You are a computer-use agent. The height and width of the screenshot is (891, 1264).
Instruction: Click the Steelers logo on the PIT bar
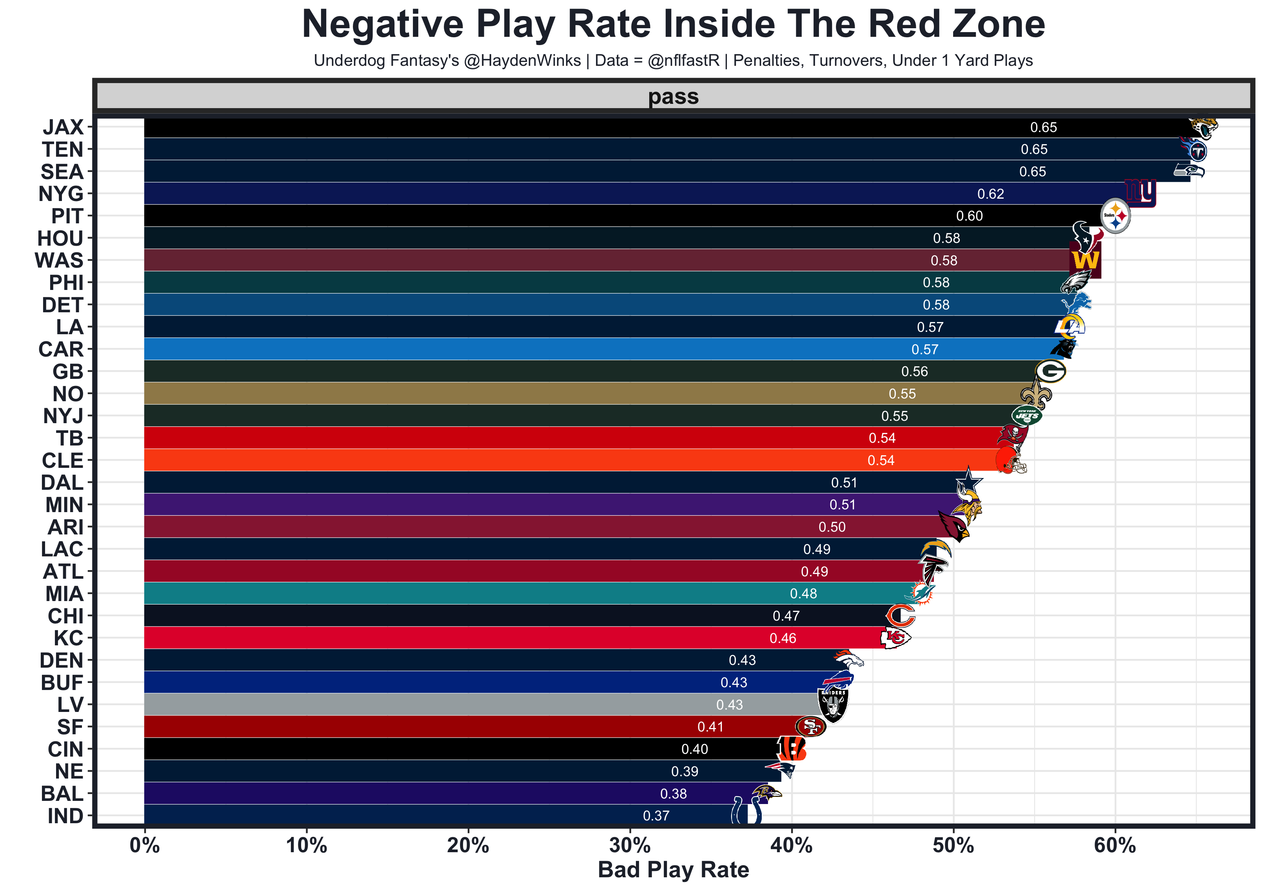1115,216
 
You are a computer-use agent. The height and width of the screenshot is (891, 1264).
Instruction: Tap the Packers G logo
1050,371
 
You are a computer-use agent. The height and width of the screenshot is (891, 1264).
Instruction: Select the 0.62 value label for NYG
990,194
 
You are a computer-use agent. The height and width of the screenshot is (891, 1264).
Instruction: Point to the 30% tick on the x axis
630,845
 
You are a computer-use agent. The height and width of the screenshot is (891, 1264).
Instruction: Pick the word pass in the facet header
673,97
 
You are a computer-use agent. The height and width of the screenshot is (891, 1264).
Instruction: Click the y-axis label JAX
63,127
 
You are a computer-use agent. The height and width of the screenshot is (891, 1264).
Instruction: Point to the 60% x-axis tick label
1115,845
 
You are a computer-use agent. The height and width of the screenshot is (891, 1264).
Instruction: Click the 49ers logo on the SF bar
810,727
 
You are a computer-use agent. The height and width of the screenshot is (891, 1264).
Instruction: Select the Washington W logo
1084,260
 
